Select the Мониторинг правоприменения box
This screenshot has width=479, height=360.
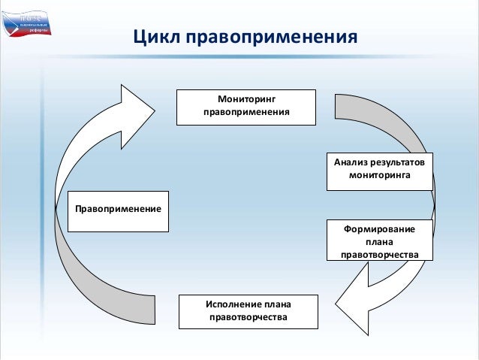246,107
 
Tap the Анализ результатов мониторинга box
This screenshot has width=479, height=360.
379,170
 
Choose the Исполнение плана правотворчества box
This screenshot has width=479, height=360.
248,312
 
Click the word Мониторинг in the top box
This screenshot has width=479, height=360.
246,99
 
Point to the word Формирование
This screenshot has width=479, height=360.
379,227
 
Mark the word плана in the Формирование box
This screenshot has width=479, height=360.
379,241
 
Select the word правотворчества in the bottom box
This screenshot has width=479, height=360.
248,319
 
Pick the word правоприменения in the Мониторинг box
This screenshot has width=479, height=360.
246,114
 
